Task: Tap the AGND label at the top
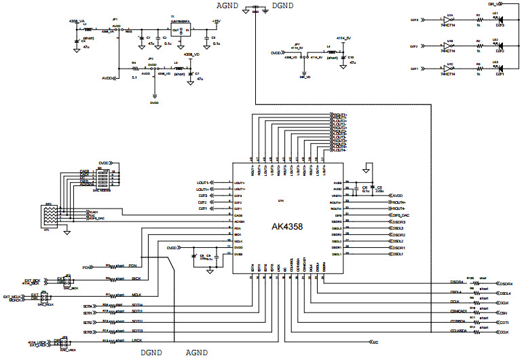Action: (228, 5)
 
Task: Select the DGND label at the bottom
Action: (151, 353)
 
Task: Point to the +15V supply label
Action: (216, 21)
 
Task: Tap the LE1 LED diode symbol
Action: (499, 21)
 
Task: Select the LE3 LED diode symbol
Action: (499, 69)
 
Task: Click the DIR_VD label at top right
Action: (504, 3)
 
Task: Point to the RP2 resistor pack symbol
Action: (50, 216)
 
